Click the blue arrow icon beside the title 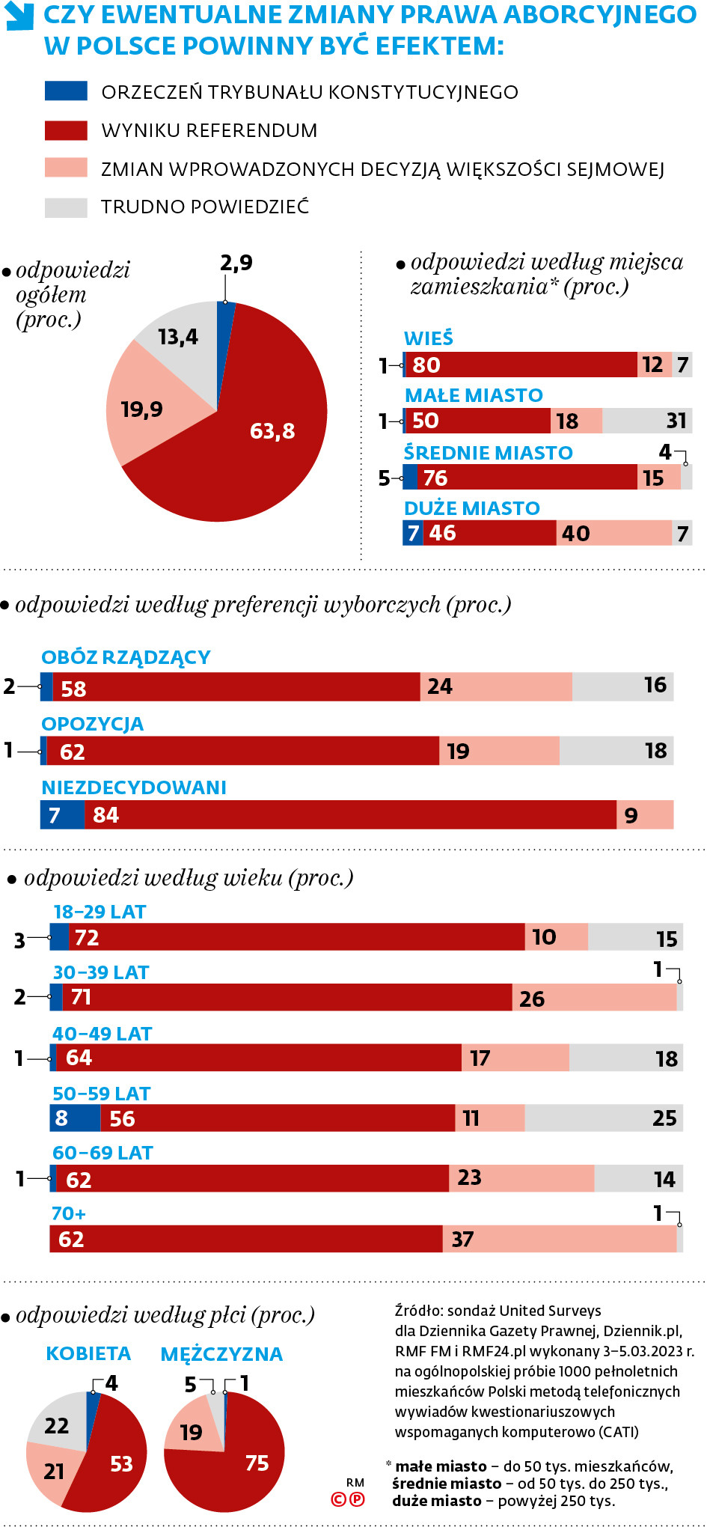point(19,16)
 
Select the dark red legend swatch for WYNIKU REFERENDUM point(66,130)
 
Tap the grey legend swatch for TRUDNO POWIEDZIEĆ point(66,207)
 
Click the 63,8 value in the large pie point(272,431)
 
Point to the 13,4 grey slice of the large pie point(178,337)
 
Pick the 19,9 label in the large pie point(142,409)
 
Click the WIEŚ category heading point(429,338)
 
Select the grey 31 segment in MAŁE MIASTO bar point(648,421)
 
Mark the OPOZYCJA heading point(93,724)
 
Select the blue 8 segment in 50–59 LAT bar point(75,1118)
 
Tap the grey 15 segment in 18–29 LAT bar point(635,937)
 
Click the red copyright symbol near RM point(339,1499)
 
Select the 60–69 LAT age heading point(102,1153)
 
